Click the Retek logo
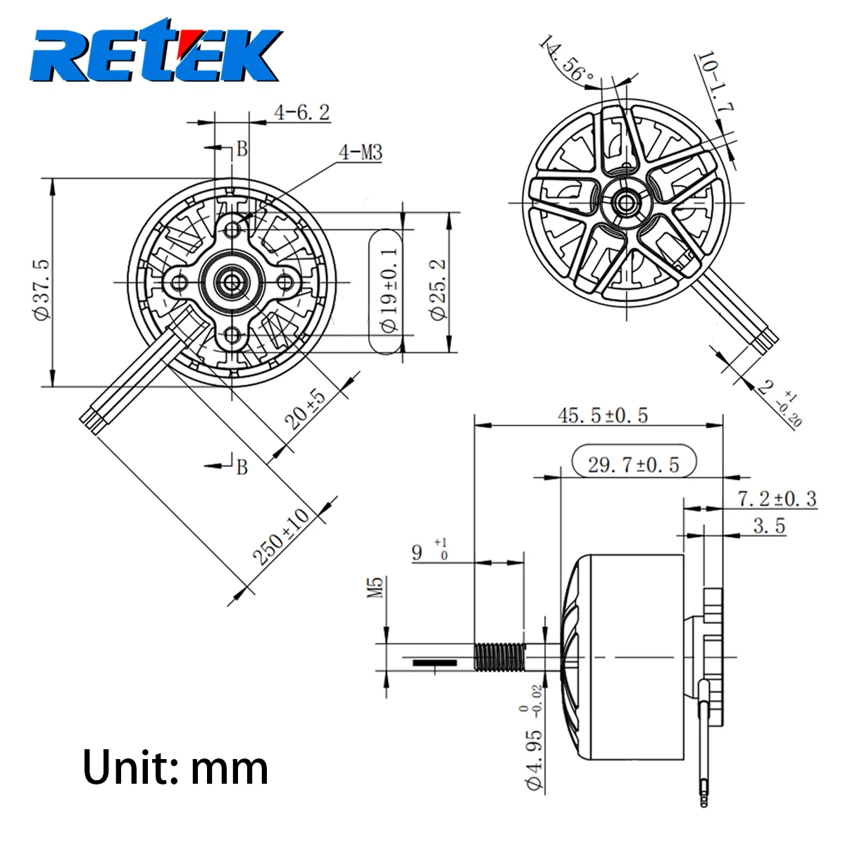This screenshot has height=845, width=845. tap(156, 51)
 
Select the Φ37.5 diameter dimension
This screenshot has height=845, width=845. tap(42, 290)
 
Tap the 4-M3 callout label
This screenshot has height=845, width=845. tap(361, 153)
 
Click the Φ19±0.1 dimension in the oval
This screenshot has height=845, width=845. tap(389, 289)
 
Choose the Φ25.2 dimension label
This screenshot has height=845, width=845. tap(437, 290)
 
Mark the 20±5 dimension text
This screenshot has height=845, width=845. tap(306, 410)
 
